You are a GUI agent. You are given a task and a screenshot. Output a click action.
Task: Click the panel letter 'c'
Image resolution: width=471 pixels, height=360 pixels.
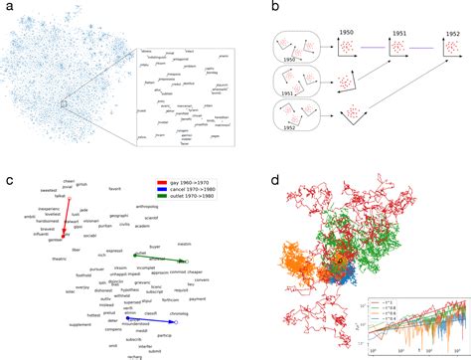pyautogui.click(x=8, y=182)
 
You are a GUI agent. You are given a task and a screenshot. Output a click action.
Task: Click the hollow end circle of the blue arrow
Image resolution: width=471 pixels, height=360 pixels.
pyautogui.click(x=174, y=321)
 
